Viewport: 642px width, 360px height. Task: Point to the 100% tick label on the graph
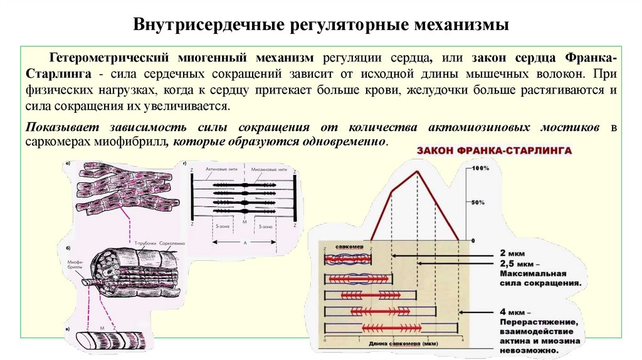click(480, 169)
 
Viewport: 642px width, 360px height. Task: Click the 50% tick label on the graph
click(478, 203)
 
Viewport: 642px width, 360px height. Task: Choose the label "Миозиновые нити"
click(269, 170)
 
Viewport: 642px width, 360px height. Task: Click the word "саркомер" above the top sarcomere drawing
click(347, 247)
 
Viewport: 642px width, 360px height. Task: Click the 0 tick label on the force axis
click(473, 240)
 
